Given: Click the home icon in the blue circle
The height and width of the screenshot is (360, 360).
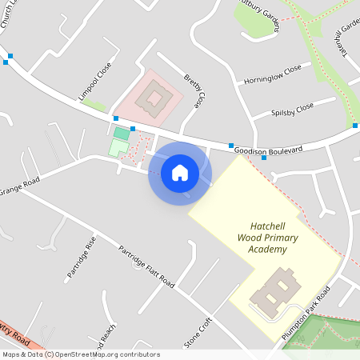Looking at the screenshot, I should [x=179, y=172].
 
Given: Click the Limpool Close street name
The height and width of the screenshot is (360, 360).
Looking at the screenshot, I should [x=94, y=82].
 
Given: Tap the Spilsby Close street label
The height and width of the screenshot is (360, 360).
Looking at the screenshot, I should [x=293, y=109].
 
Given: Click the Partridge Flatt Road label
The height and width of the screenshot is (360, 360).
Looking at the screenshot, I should [x=146, y=265].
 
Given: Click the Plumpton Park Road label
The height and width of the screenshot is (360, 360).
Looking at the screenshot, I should [x=306, y=314].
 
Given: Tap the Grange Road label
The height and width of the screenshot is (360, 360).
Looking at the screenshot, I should [x=20, y=190].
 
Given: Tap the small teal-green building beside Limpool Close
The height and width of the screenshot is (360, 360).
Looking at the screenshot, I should [x=121, y=133].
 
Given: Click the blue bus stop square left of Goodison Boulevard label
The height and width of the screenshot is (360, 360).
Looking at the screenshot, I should [x=231, y=146].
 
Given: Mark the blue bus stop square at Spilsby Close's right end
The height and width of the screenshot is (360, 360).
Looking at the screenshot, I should [x=355, y=126].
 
